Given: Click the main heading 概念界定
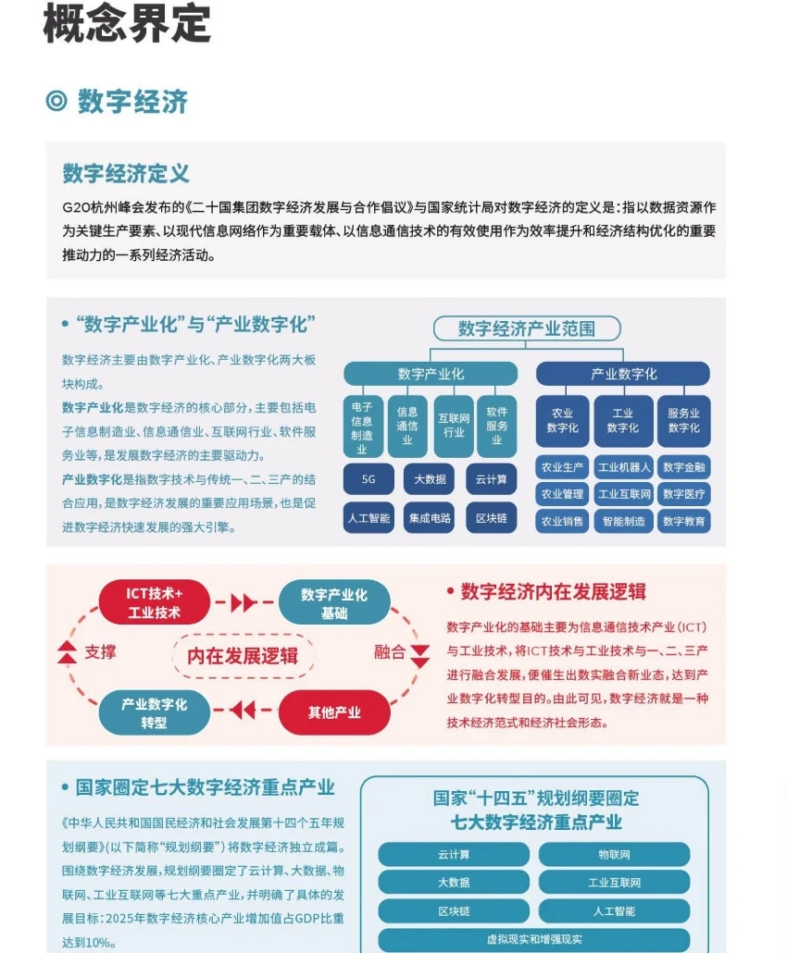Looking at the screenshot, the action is [x=127, y=24].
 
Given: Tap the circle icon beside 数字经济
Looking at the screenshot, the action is [x=56, y=101].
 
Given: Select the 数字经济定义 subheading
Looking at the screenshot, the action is [x=126, y=173].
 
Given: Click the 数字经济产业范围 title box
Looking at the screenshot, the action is [x=526, y=328].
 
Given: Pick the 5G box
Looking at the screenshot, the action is [x=369, y=479].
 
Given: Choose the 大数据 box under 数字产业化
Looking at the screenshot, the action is [x=429, y=479].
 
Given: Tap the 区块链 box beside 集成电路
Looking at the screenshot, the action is [x=491, y=518].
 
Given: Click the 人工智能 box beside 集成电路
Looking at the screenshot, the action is [x=369, y=518].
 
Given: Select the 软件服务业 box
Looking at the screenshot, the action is [x=496, y=427].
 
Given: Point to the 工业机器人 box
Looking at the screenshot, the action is [x=623, y=467].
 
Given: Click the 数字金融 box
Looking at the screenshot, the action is [x=684, y=467].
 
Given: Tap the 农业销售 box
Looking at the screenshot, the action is [x=562, y=521].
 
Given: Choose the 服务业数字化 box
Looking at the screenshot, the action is [x=684, y=421].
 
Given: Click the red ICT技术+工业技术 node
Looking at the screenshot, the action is [x=155, y=602].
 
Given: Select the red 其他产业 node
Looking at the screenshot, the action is [x=334, y=712].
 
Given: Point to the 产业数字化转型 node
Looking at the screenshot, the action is [x=155, y=712].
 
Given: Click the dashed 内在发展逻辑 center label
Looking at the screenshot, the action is [x=243, y=656].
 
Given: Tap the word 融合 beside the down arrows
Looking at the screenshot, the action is [x=390, y=651].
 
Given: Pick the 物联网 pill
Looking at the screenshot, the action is [x=614, y=854].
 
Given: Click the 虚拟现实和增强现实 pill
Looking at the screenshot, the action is [x=533, y=940].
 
